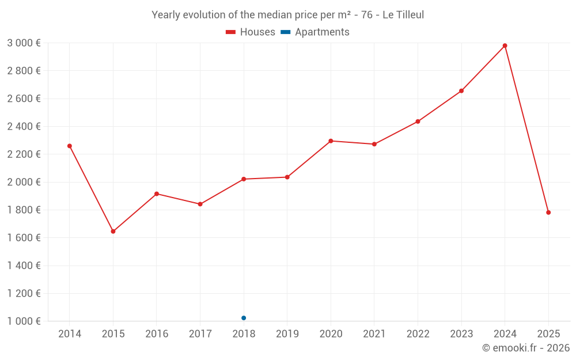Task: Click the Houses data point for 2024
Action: tap(505, 46)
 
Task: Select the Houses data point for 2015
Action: tap(113, 232)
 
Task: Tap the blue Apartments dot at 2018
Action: tap(244, 318)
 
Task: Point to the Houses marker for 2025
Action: tap(548, 213)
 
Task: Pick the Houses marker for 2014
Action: tap(70, 146)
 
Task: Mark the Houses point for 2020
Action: tap(331, 141)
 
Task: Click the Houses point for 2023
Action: tap(461, 91)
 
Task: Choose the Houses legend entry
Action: tap(251, 32)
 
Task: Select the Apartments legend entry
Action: tap(316, 32)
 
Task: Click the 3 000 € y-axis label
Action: tap(24, 43)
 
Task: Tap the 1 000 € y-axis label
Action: tap(24, 321)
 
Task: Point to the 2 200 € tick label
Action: tap(24, 154)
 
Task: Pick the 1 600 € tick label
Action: tap(24, 238)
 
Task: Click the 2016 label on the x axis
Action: tap(157, 334)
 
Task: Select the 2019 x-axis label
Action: tap(287, 334)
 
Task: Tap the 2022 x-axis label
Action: tap(418, 334)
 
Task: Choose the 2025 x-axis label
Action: tap(548, 334)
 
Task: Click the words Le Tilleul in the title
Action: tap(403, 15)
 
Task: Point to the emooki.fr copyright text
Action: tap(526, 348)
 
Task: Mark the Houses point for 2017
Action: tap(200, 204)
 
